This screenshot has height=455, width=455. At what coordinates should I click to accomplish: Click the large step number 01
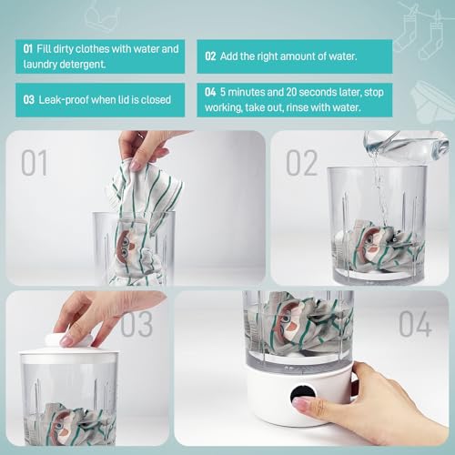34,164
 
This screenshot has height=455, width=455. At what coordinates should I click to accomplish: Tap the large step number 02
302,163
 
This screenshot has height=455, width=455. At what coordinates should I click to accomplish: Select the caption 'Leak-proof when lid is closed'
100,98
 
